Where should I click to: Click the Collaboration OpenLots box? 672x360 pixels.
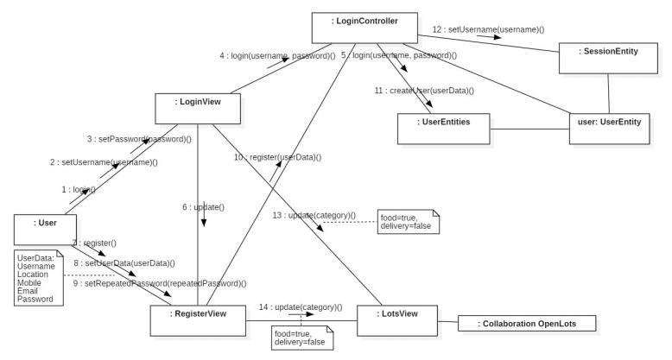(x=526, y=323)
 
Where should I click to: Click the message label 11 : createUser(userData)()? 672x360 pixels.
(x=423, y=90)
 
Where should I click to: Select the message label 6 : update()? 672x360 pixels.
(x=203, y=207)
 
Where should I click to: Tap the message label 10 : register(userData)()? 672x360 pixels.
(x=277, y=157)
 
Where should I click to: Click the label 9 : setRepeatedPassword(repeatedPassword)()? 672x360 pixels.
(x=160, y=282)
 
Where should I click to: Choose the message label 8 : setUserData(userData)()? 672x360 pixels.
(x=124, y=262)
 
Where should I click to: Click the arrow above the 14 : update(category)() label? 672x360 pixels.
(x=305, y=314)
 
